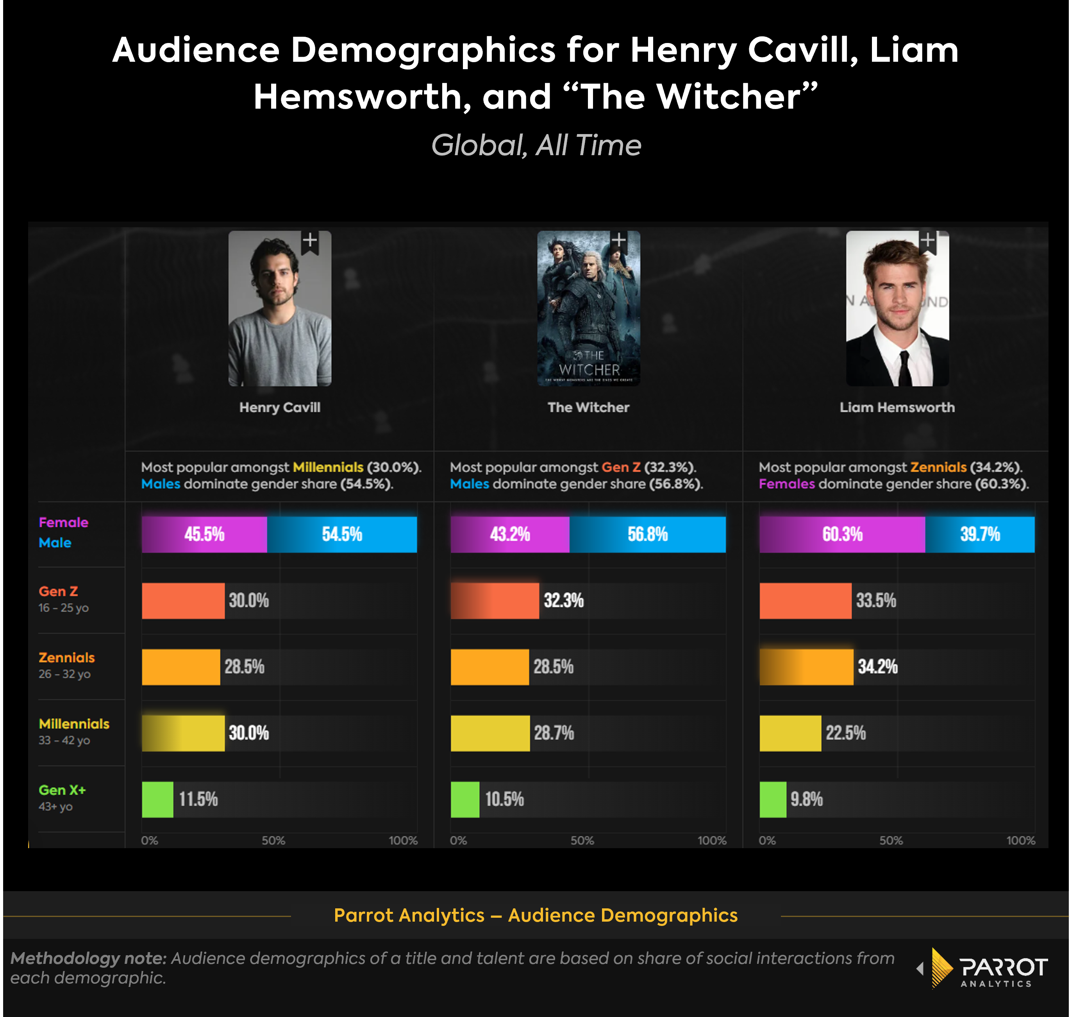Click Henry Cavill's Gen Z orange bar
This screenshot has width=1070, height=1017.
click(x=183, y=601)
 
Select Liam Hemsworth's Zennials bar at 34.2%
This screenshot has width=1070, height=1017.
click(x=806, y=667)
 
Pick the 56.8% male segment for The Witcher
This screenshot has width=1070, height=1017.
click(x=647, y=535)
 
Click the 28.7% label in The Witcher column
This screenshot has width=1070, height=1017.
click(x=554, y=733)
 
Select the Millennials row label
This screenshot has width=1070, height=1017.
click(x=74, y=724)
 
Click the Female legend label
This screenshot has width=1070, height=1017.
click(x=63, y=523)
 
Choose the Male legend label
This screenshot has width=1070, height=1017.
click(x=55, y=543)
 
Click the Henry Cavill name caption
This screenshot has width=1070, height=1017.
click(x=280, y=407)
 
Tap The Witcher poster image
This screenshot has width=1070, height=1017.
click(x=588, y=308)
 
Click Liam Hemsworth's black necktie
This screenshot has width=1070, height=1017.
click(x=904, y=369)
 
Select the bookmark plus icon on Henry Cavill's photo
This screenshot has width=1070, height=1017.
click(x=310, y=241)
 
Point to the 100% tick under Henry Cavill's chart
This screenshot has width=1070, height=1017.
click(x=403, y=841)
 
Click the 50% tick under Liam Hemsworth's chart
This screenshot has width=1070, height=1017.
click(x=891, y=841)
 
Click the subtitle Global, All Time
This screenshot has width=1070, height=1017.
click(x=536, y=145)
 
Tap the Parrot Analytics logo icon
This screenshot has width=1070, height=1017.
click(x=941, y=968)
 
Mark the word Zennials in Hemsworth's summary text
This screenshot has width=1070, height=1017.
click(x=938, y=467)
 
